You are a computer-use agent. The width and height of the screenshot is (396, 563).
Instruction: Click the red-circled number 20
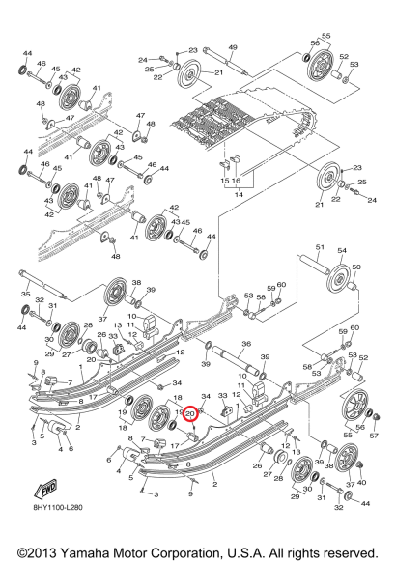[x=190, y=414]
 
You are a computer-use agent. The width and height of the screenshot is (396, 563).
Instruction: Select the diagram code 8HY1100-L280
[x=57, y=507]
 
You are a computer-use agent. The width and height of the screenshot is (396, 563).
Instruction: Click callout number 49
[x=233, y=47]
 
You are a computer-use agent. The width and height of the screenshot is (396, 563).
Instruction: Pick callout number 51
[x=320, y=247]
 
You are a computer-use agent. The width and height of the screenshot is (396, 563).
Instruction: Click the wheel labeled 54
[x=338, y=280]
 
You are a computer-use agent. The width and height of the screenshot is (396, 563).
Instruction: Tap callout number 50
[x=356, y=267]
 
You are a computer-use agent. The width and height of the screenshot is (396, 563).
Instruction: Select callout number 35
[x=25, y=295]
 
